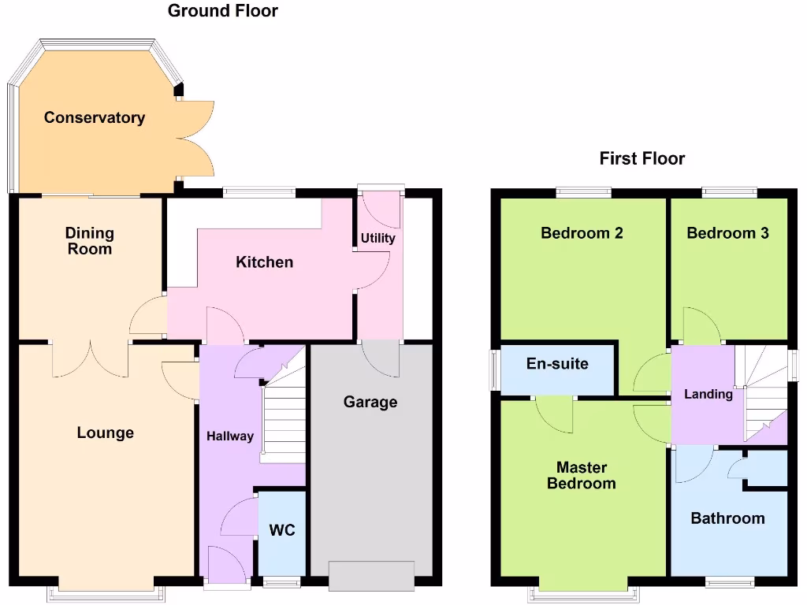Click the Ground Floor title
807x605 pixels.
223,11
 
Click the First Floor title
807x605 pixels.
642,158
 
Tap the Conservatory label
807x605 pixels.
95,117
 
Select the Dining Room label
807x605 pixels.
89,241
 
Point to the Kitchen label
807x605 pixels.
264,262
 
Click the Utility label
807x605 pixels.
378,238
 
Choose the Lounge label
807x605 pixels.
105,432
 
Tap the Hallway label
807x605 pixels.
230,436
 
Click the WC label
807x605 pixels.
282,530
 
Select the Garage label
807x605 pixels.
370,402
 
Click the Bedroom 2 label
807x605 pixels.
582,232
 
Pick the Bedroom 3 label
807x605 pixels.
727,232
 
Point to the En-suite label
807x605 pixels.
557,364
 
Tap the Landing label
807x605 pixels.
708,394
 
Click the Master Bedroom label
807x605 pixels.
582,475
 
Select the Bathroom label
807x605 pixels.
727,518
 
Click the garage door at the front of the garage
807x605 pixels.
371,575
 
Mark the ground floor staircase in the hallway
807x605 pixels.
284,418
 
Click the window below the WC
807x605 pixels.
281,583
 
